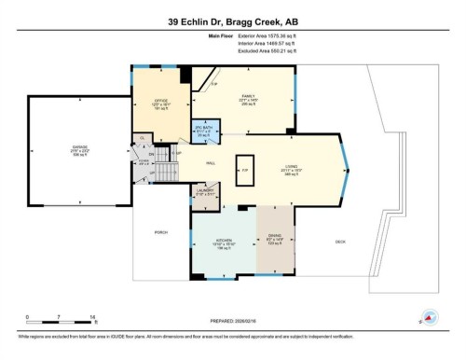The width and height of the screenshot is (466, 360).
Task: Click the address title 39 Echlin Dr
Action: click(233, 21)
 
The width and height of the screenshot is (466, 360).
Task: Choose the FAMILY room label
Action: click(248, 99)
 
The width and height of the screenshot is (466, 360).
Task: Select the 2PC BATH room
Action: click(204, 132)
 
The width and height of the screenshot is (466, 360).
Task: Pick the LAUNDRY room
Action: click(205, 194)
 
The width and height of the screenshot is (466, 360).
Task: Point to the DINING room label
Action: click(275, 237)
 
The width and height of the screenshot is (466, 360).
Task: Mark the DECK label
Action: click(342, 242)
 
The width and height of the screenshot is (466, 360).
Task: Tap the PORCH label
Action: click(160, 234)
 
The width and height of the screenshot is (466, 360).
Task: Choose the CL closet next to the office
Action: click(143, 140)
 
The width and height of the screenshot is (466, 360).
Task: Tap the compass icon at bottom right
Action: click(430, 316)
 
